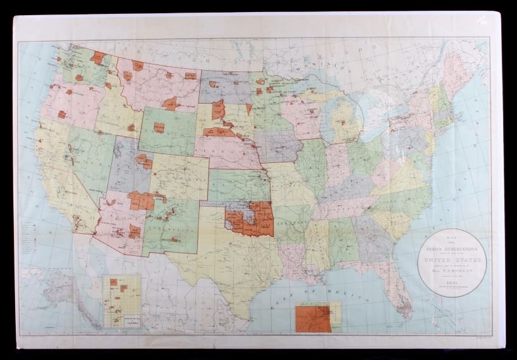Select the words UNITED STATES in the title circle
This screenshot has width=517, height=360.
pyautogui.click(x=451, y=260)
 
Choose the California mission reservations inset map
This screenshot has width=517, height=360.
pyautogui.click(x=122, y=301)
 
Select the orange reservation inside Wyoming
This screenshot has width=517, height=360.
pyautogui.click(x=159, y=128)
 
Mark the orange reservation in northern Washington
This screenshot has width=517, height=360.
pyautogui.click(x=97, y=58)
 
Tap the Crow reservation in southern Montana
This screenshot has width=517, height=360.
pyautogui.click(x=171, y=104)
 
